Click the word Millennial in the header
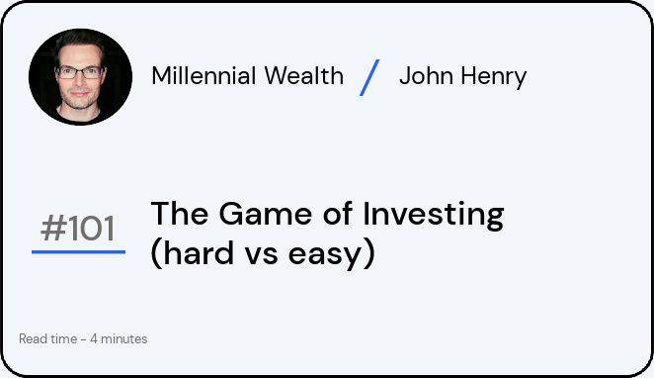pyautogui.click(x=204, y=75)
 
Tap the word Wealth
pyautogui.click(x=304, y=75)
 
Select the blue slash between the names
pyautogui.click(x=369, y=78)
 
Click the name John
pyautogui.click(x=426, y=76)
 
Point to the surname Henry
pyautogui.click(x=494, y=78)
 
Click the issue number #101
pyautogui.click(x=78, y=229)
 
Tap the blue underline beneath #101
pyautogui.click(x=78, y=252)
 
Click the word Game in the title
pyautogui.click(x=266, y=214)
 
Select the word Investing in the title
pyautogui.click(x=434, y=216)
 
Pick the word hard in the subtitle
pyautogui.click(x=199, y=253)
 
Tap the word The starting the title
pyautogui.click(x=180, y=214)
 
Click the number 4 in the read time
pyautogui.click(x=94, y=338)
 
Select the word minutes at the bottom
pyautogui.click(x=124, y=338)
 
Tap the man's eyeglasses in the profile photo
pyautogui.click(x=79, y=72)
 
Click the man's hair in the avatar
pyautogui.click(x=80, y=41)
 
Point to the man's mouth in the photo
pyautogui.click(x=79, y=94)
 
